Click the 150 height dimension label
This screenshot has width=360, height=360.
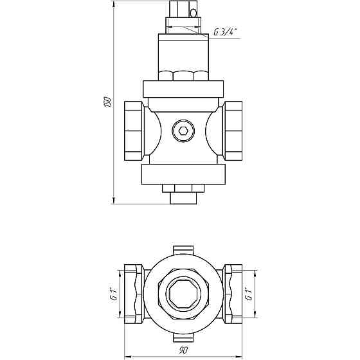click(108, 102)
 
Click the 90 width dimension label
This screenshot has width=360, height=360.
click(183, 350)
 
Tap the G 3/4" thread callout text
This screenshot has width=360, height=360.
click(225, 32)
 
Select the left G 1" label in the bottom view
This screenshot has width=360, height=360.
click(115, 294)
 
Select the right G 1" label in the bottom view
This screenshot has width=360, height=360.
click(249, 294)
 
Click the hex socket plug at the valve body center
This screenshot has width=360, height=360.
click(183, 131)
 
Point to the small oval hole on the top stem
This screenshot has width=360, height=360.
click(194, 13)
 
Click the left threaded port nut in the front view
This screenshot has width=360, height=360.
click(134, 131)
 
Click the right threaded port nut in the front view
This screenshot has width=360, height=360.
click(233, 131)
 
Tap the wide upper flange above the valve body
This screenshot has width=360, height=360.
click(183, 89)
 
